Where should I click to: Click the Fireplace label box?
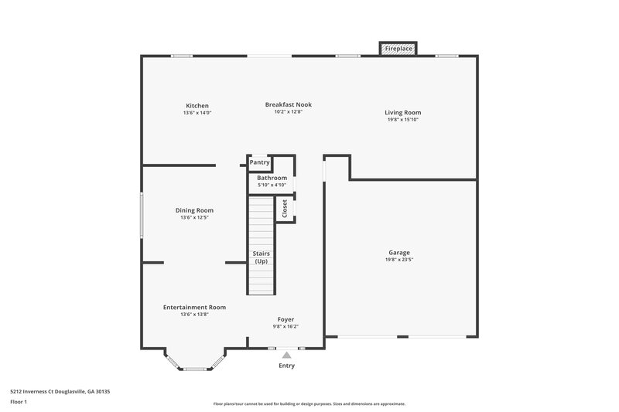tap(398, 49)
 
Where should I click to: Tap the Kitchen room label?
tap(197, 106)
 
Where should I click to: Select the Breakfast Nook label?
tap(288, 104)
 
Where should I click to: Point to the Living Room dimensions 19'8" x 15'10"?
tap(403, 120)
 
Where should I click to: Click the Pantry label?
tap(259, 162)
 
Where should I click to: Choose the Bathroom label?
tap(272, 178)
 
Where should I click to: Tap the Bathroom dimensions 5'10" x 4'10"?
tap(272, 185)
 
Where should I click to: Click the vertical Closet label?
tap(285, 209)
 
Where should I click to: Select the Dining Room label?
tap(194, 210)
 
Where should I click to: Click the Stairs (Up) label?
tap(261, 257)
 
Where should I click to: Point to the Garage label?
tap(399, 253)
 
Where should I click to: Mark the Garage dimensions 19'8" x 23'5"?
tap(399, 260)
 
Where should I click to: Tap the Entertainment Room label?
tap(194, 307)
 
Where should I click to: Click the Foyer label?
tap(286, 319)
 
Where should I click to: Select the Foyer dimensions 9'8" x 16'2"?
tap(286, 326)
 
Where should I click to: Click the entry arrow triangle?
tap(286, 354)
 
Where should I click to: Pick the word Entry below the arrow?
tap(286, 366)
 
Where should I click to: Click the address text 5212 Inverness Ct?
tap(39, 392)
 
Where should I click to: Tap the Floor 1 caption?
tap(18, 403)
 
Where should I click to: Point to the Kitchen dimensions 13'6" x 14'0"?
tap(197, 113)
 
